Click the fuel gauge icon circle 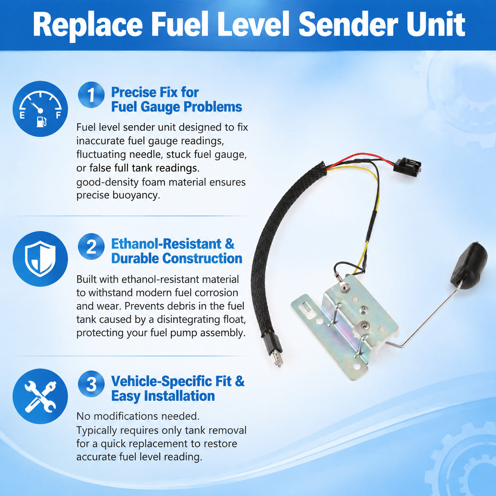(x=40, y=109)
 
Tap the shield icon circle (x=40, y=259)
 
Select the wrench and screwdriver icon (x=40, y=396)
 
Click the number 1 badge (x=91, y=95)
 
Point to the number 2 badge (x=91, y=246)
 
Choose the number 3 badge (x=91, y=384)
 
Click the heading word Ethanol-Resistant (x=166, y=244)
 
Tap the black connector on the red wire (x=407, y=166)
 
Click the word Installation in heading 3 (x=179, y=396)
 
